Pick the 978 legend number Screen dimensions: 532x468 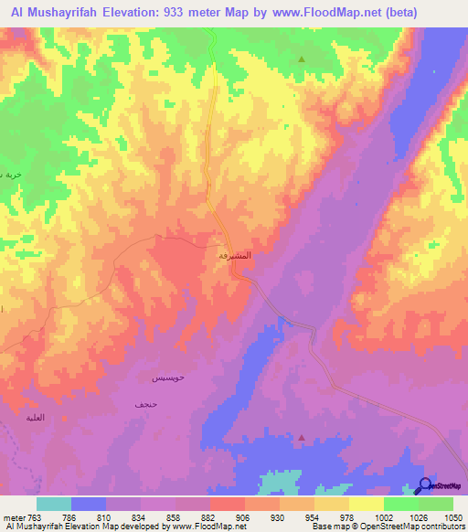[x=348, y=517]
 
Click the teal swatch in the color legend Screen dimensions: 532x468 [x=54, y=504]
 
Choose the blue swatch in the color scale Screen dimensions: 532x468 [x=89, y=504]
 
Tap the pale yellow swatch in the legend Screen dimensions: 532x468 [x=367, y=504]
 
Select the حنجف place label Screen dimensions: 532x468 [x=145, y=403]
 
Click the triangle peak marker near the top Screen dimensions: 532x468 [x=302, y=59]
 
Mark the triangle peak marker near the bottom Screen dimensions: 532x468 [x=302, y=437]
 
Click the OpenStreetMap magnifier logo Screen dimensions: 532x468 [x=425, y=485]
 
